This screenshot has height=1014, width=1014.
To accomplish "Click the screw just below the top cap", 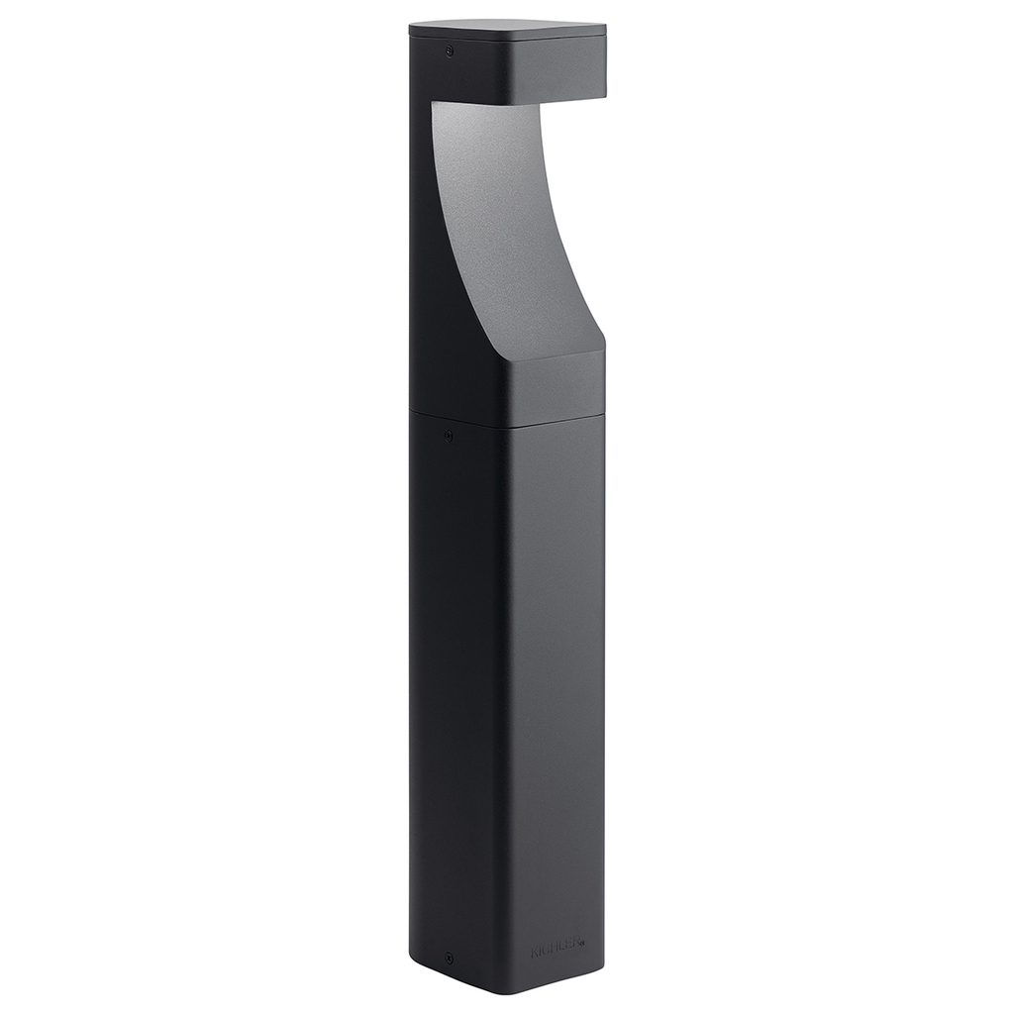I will pyautogui.click(x=449, y=50).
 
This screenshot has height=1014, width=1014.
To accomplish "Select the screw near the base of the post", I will pyautogui.click(x=449, y=959).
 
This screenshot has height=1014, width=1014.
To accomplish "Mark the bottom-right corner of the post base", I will pyautogui.click(x=602, y=968).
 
